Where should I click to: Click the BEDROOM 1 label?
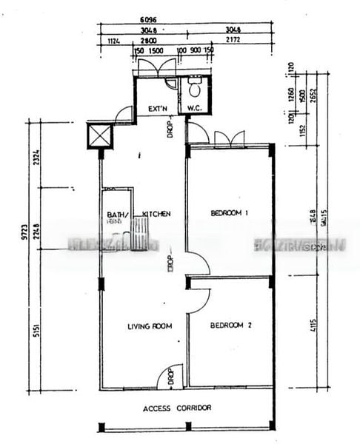(229, 213)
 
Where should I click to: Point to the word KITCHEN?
(157, 214)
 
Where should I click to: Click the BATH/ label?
(117, 215)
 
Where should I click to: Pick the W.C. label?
(195, 109)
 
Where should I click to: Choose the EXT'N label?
(159, 109)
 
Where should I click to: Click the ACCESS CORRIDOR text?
(177, 408)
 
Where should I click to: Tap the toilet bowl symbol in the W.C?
(195, 90)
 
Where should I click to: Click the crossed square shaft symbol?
(99, 135)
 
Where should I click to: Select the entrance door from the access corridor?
(169, 377)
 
